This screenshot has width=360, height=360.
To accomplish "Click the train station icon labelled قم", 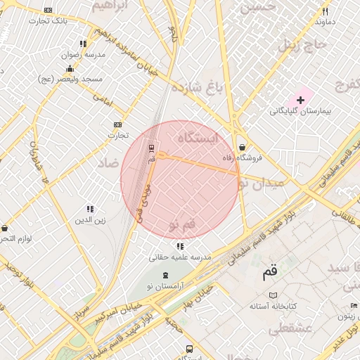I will click(152, 148).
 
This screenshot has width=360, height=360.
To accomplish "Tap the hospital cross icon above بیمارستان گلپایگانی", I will click(300, 101).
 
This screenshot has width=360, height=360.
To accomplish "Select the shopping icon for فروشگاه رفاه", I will click(243, 148).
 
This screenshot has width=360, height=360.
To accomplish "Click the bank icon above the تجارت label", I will click(117, 124).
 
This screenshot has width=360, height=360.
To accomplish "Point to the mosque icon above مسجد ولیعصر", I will click(70, 69).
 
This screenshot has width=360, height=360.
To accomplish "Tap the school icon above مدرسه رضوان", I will click(84, 44).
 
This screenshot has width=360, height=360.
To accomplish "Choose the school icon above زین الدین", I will click(90, 209).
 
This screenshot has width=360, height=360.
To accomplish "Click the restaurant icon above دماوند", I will click(325, 11).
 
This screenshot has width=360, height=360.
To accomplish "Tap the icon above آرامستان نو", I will click(165, 275).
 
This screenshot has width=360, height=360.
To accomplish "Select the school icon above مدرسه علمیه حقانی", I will click(181, 247).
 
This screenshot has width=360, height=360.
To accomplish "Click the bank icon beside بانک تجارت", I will click(48, 10).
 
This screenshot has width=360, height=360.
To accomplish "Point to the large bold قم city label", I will click(270, 270).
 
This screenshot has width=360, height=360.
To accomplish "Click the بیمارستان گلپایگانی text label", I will click(298, 111).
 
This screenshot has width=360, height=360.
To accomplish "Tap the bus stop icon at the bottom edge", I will click(189, 349).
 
